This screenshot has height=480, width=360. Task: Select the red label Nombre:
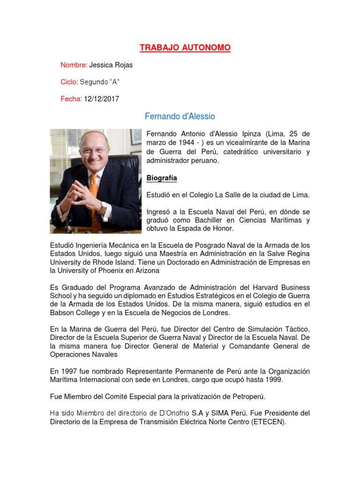(74, 65)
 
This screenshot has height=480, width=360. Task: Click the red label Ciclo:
(69, 82)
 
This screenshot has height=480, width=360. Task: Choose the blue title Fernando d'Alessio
(180, 116)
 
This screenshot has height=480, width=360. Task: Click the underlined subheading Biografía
(162, 178)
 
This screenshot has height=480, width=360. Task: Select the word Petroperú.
(248, 397)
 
